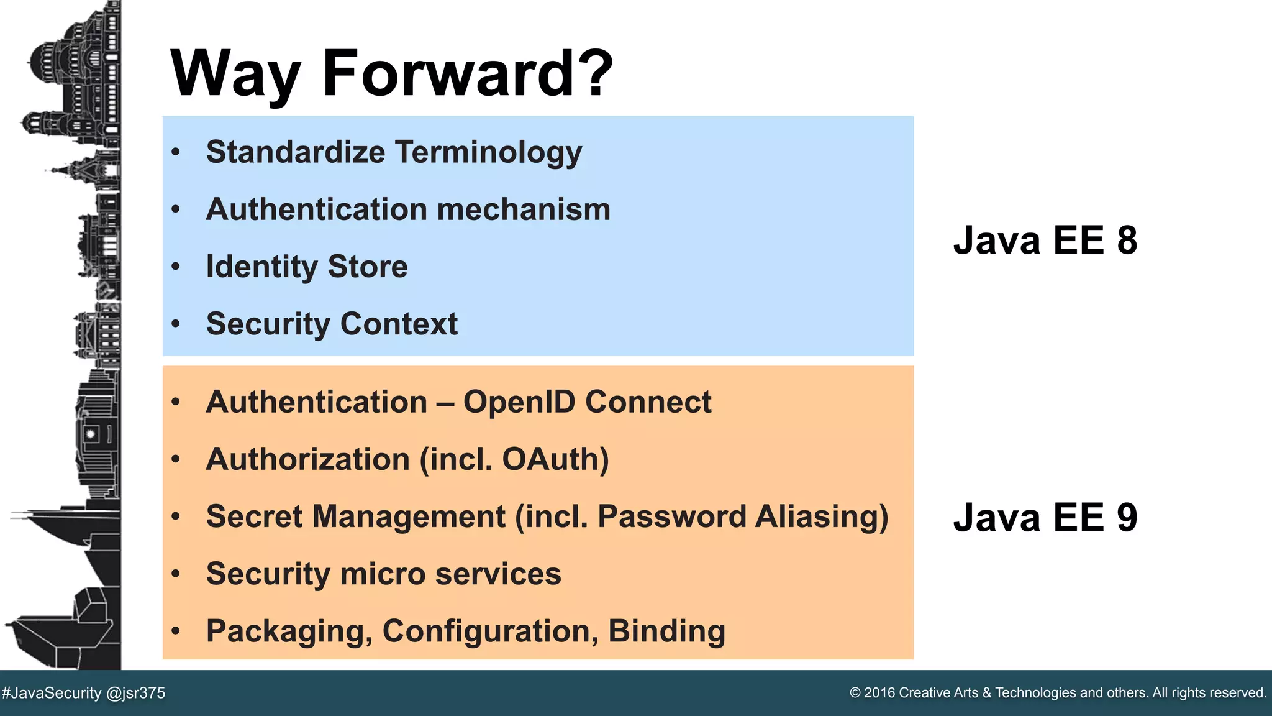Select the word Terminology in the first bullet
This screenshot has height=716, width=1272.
point(488,152)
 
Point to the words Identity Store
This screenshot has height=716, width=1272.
point(307,267)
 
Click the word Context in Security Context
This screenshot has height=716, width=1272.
point(399,324)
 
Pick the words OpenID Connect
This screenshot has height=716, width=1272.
point(587,402)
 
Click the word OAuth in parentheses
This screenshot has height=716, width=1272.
point(550,459)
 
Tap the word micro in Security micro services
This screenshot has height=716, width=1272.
point(382,574)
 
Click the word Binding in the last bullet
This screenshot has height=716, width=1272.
point(666,631)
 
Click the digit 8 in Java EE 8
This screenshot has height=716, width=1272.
point(1127,241)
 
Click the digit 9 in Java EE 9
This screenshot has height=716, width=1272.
point(1127,518)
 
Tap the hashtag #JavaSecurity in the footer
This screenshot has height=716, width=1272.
point(52,693)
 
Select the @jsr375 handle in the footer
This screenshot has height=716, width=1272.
point(135,693)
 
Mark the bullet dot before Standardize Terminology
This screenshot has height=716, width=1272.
point(176,152)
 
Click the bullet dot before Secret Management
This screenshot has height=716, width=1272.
point(176,516)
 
